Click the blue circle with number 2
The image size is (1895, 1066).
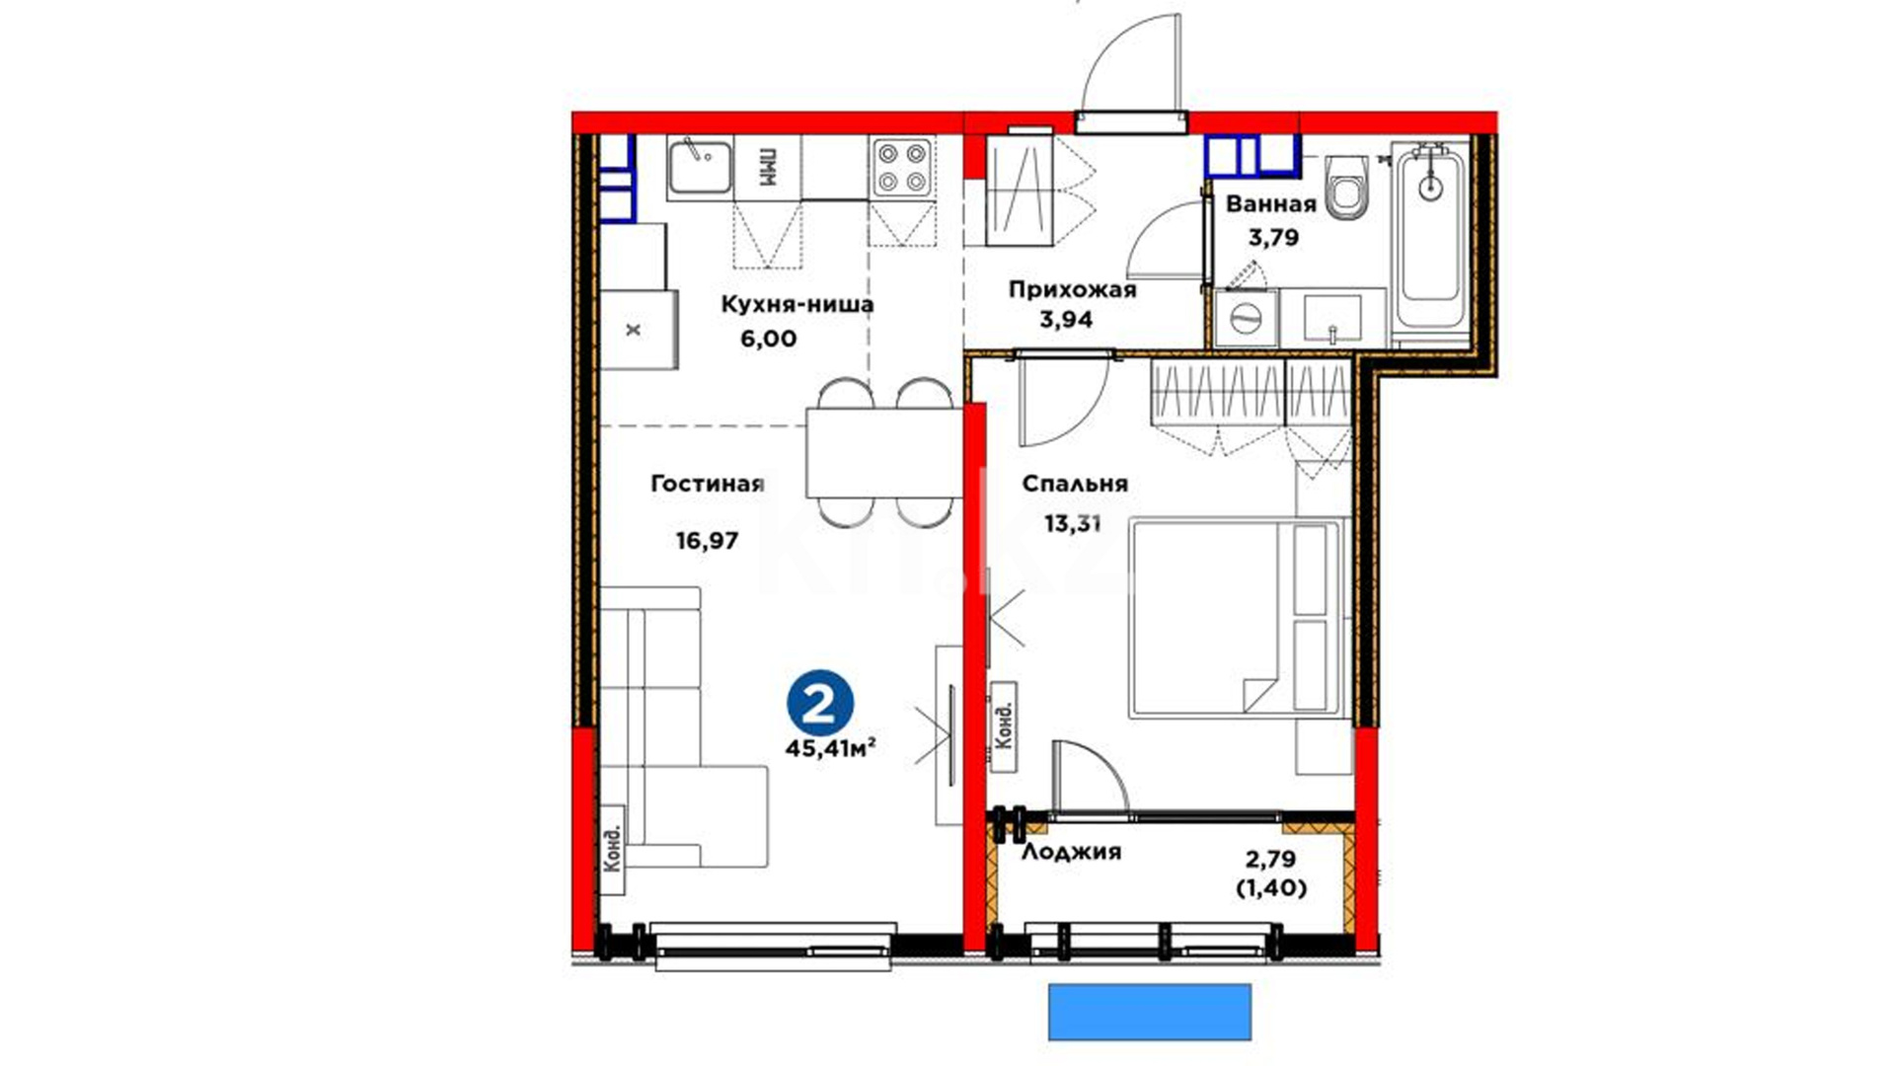pos(820,703)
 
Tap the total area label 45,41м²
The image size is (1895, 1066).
pos(831,748)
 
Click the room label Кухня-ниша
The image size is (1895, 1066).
pos(797,304)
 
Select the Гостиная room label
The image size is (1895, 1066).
pos(708,484)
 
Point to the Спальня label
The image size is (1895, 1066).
pos(1075,484)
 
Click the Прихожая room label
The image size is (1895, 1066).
pos(1072,289)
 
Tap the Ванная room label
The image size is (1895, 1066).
pos(1271,204)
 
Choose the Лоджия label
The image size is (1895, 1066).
pos(1071,852)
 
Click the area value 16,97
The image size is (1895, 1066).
pos(707,541)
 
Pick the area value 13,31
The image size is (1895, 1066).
pos(1073,524)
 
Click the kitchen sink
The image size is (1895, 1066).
pos(699,167)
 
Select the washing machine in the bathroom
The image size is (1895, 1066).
pos(1247,318)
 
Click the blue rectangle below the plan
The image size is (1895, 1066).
pos(1150,1012)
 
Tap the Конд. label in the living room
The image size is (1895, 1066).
pos(613,840)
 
